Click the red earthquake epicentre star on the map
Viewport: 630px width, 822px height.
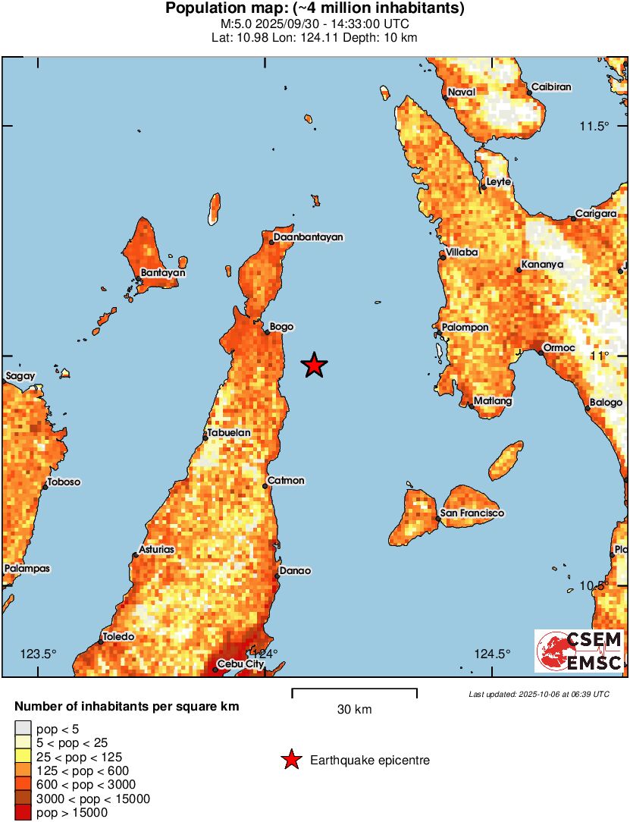point(314,366)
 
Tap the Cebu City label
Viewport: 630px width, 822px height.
point(240,665)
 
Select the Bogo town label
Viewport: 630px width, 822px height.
point(282,327)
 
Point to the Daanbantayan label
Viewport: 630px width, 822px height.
point(309,237)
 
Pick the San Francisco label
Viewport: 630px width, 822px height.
point(472,513)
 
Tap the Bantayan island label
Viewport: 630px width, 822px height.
point(163,273)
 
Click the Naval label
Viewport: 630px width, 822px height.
point(461,93)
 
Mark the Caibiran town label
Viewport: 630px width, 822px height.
point(550,87)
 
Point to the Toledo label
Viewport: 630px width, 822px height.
point(118,637)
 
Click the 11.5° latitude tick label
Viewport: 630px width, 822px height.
point(595,126)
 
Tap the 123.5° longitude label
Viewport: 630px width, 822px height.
point(38,654)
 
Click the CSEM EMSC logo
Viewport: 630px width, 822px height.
point(580,651)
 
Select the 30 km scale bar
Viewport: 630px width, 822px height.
point(354,690)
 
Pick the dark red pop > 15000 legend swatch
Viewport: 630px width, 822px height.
point(24,813)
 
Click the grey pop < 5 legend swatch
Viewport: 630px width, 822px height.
point(24,729)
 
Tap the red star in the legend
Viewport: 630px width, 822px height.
point(290,760)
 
